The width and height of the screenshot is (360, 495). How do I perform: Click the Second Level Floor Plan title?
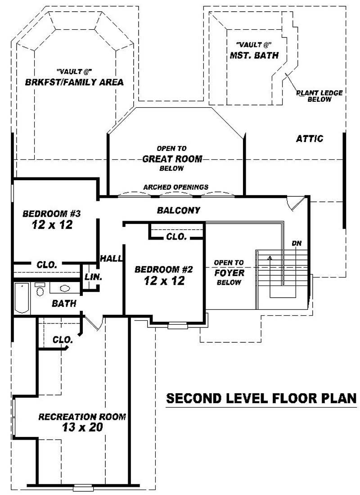click(261, 399)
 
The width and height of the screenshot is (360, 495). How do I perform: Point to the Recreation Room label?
click(82, 417)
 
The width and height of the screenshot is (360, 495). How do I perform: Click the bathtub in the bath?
click(22, 297)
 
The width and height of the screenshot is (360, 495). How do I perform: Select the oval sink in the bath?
click(64, 288)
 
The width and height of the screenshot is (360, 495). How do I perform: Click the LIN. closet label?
click(93, 277)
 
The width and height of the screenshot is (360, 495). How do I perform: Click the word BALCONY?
click(179, 210)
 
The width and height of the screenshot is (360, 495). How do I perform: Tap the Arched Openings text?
click(175, 187)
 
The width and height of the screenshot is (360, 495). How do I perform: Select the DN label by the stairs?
click(296, 243)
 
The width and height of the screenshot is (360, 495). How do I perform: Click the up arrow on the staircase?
click(270, 259)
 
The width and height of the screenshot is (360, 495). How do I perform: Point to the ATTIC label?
click(309, 139)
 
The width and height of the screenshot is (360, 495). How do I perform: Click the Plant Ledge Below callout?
click(319, 96)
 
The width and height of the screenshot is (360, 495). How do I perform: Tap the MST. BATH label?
click(254, 55)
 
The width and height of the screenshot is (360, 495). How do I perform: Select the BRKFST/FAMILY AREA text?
click(74, 82)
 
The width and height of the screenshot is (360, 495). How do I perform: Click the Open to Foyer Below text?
click(229, 272)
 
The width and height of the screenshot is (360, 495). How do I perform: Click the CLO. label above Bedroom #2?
click(176, 236)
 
